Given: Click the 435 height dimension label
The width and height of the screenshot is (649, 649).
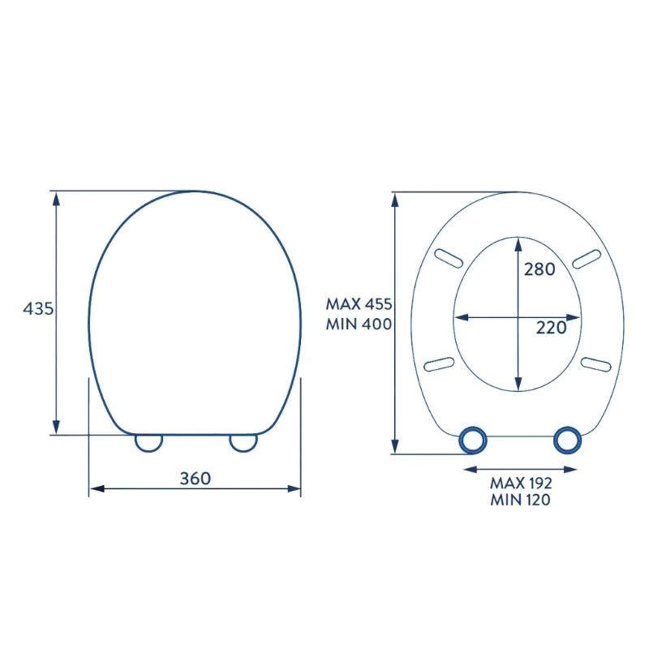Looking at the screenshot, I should point(37,309).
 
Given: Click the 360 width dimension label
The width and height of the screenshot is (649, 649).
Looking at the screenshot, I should point(196,478).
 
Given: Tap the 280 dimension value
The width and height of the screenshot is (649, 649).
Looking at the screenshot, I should point(539,269).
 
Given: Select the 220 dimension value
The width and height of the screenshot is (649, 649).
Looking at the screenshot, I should point(551,328).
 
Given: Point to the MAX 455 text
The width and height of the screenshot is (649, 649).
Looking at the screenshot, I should point(359,305).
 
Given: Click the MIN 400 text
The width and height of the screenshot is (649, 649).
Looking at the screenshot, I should point(359,324).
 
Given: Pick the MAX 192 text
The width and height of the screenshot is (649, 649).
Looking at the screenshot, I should point(521,483).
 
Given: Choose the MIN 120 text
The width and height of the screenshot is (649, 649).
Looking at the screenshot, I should point(521,500).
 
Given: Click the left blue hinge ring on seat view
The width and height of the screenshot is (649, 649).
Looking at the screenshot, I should point(473,440).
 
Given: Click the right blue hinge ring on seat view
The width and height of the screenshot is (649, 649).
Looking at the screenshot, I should point(567,440).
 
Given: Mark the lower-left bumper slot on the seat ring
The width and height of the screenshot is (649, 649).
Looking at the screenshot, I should point(439,363).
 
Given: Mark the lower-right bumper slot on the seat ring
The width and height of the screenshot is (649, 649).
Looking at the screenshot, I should point(595,363).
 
